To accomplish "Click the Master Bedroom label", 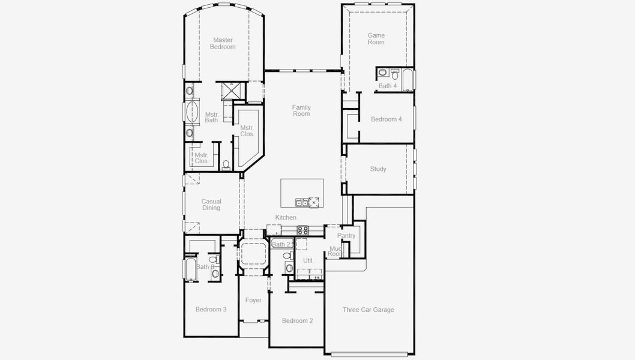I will (223, 43).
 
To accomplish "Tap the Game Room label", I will (376, 39).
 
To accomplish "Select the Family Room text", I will (301, 110).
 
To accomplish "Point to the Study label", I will (378, 169).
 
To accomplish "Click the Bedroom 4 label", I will (386, 119).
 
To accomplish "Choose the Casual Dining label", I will (211, 205).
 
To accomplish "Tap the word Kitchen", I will (286, 217).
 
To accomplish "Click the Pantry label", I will (346, 236).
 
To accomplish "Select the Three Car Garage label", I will (369, 310).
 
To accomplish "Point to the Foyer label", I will (253, 300).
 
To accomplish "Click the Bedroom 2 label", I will (297, 321).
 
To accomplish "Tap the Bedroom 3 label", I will (211, 310).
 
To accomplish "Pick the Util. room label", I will (308, 260).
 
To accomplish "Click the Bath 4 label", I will (387, 86).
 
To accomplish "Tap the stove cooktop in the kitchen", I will (303, 229).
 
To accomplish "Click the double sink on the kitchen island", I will (301, 202).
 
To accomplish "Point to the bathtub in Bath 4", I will (408, 79).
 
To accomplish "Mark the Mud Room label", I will (335, 251).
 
